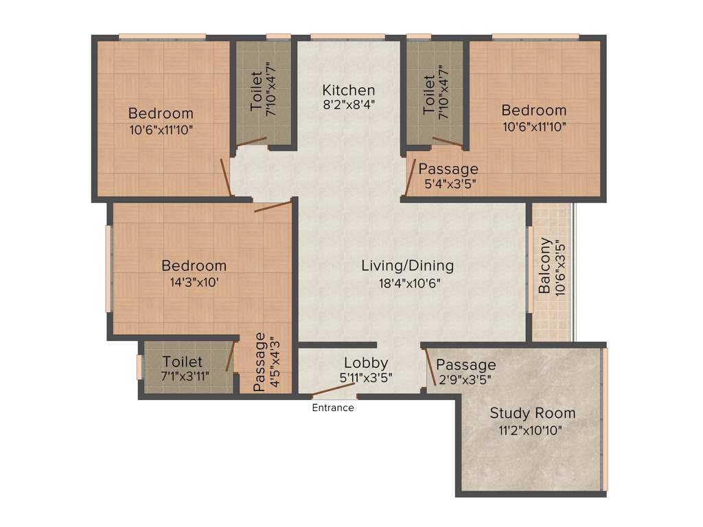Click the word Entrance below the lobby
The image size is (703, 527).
(x=333, y=408)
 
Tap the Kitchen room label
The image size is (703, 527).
(x=349, y=90)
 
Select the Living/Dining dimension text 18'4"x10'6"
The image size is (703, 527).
(x=407, y=282)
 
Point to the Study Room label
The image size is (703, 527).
(x=532, y=413)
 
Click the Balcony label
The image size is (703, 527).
(x=544, y=266)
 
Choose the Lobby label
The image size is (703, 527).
(x=366, y=362)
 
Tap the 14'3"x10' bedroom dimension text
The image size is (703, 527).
(x=194, y=281)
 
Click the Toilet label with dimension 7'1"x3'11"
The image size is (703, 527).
(x=183, y=361)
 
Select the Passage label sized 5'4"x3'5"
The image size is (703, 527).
(x=448, y=169)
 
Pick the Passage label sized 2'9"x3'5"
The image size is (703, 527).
(x=465, y=364)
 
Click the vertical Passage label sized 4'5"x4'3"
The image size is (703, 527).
(x=260, y=362)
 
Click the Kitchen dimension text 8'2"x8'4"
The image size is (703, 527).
(x=349, y=106)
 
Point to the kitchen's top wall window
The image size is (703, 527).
(x=347, y=36)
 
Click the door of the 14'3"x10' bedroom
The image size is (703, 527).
(x=273, y=205)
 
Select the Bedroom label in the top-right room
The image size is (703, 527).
(x=533, y=110)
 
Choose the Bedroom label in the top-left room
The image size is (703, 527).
(x=161, y=113)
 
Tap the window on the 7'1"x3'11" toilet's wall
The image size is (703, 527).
(x=139, y=368)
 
